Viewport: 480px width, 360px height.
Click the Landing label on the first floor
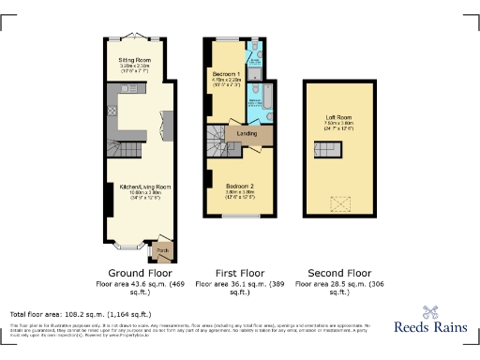tap(247, 133)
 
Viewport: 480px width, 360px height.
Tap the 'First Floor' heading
tap(238, 273)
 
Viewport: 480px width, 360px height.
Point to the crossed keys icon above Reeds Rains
tap(432, 312)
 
